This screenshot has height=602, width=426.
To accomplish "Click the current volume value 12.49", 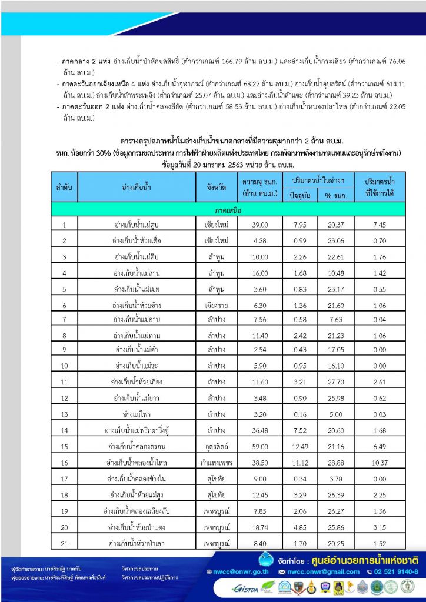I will tap(300, 447).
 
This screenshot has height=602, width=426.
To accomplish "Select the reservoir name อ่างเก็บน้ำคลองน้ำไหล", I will tap(137, 463).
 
